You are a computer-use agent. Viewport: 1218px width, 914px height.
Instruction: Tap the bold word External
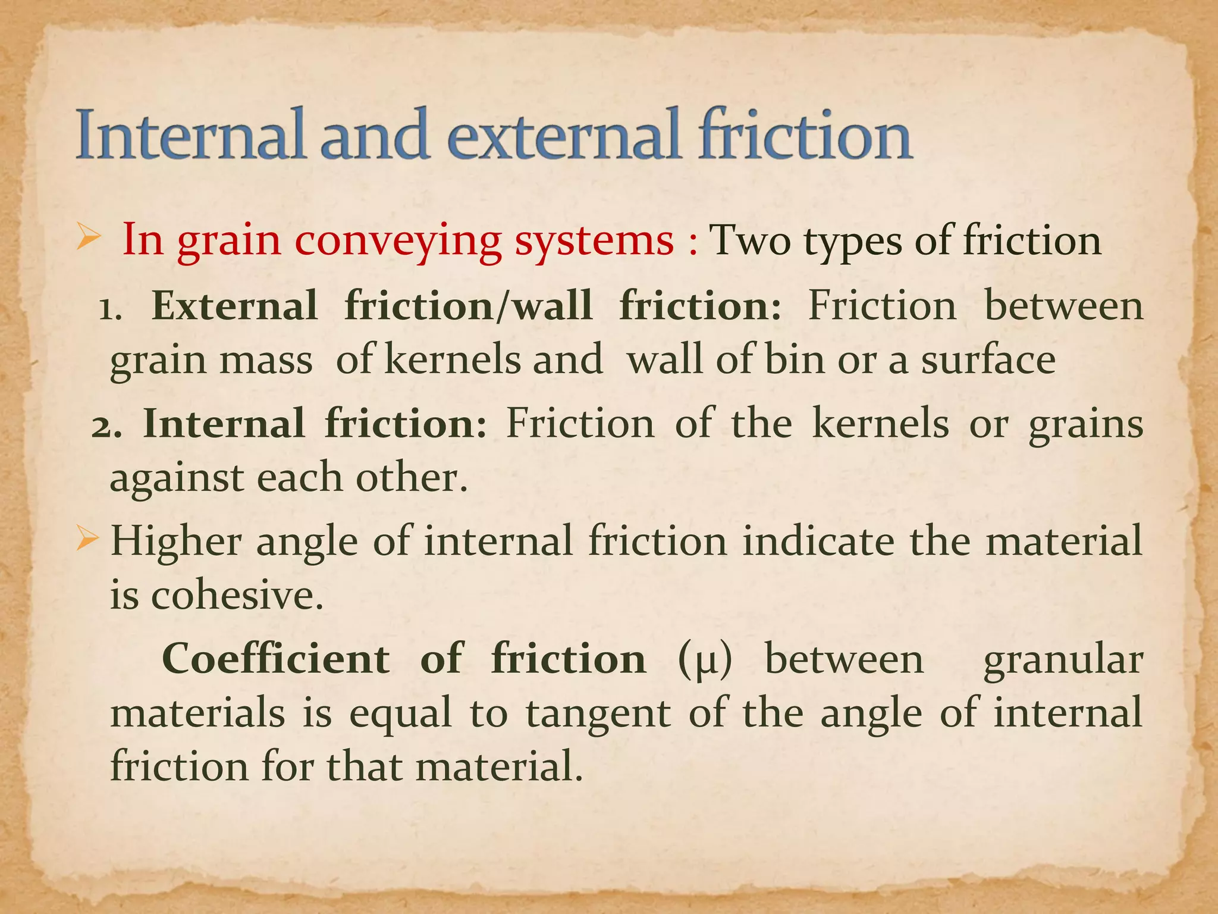point(235,306)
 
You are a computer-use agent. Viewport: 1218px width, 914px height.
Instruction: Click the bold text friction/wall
point(469,306)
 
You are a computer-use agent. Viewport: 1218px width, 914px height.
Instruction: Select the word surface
point(988,360)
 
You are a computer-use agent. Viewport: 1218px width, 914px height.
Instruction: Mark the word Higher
point(176,541)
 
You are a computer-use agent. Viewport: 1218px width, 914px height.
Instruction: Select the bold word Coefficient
point(276,659)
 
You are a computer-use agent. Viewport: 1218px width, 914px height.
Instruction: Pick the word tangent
point(598,713)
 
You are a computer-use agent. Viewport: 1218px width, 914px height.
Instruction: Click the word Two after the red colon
point(751,240)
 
